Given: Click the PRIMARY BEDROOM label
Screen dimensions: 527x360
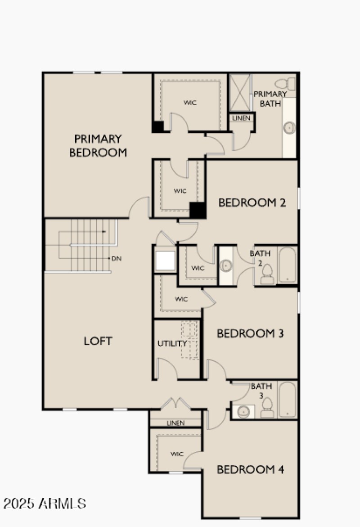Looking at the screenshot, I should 98,145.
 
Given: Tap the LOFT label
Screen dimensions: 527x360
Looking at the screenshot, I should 98,341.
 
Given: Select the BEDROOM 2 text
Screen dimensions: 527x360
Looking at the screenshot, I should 252,203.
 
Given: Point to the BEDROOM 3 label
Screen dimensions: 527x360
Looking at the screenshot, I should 250,333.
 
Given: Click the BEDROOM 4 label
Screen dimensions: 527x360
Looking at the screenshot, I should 250,469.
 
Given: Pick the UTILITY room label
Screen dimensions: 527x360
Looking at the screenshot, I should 172,343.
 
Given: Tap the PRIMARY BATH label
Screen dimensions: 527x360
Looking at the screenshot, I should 270,99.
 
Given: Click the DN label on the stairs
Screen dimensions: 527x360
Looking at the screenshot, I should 116,258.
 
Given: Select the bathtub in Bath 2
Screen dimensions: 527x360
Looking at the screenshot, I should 287,265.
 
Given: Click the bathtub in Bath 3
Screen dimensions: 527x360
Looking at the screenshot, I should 287,400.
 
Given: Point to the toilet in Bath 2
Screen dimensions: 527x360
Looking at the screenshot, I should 267,274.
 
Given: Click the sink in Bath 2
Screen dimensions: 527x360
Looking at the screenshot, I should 226,266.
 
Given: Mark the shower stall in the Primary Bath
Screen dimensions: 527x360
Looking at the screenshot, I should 239,92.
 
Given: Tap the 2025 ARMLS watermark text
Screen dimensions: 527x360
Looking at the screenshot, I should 45,503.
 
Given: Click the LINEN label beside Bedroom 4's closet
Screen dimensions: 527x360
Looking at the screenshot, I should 175,423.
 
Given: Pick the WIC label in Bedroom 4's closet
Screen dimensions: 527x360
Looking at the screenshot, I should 177,454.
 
